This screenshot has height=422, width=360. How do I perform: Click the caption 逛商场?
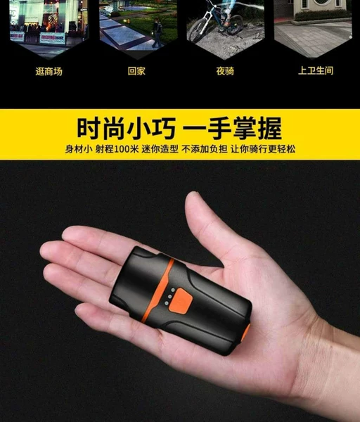click(x=49, y=71)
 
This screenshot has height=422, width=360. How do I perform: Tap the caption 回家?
click(x=136, y=71)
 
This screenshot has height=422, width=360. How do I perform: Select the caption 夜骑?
click(x=225, y=71)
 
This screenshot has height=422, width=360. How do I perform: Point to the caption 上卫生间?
click(x=316, y=70)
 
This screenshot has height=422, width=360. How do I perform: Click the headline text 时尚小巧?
click(x=127, y=129)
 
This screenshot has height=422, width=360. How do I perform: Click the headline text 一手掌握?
click(x=232, y=129)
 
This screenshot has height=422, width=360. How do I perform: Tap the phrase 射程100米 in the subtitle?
click(x=117, y=149)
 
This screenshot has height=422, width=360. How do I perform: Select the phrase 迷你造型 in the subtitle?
click(x=160, y=149)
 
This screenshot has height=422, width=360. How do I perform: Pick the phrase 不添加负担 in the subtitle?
click(x=205, y=149)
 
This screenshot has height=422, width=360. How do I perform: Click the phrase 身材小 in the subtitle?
click(x=79, y=149)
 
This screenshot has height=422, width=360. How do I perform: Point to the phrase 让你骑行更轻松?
click(x=263, y=149)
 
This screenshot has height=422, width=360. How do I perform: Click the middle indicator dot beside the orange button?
click(x=169, y=296)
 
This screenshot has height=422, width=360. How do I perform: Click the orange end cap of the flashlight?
click(x=245, y=333)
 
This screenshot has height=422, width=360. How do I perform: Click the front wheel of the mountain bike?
click(x=198, y=30)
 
